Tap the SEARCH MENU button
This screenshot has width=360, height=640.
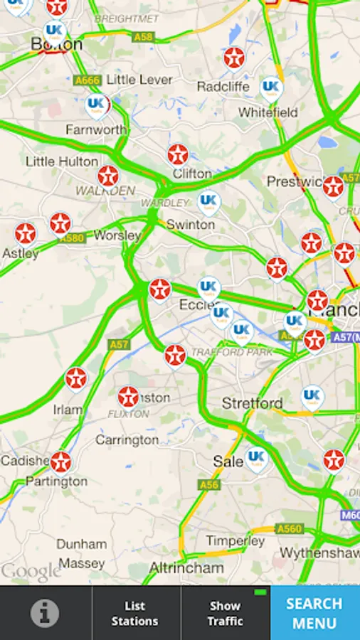coord(314,613)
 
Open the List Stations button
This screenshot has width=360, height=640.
coord(135,613)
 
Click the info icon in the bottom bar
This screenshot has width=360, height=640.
coord(45,612)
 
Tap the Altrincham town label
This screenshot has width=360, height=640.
coord(186,567)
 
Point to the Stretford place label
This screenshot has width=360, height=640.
coord(252,403)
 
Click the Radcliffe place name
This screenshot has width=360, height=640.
coord(223,86)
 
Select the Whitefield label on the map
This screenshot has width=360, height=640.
coord(268,112)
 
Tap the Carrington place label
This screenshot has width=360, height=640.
coord(127,440)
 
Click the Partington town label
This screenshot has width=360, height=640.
coord(56,481)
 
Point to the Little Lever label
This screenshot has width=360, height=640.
coord(139,80)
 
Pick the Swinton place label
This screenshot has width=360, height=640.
coord(191,224)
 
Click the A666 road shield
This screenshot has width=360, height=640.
coord(88,81)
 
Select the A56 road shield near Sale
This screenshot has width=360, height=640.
coord(208,484)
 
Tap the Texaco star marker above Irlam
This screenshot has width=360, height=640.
coord(76,378)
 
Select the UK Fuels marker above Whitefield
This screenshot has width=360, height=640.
coord(270,88)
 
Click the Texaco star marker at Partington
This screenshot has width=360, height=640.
coord(60,462)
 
